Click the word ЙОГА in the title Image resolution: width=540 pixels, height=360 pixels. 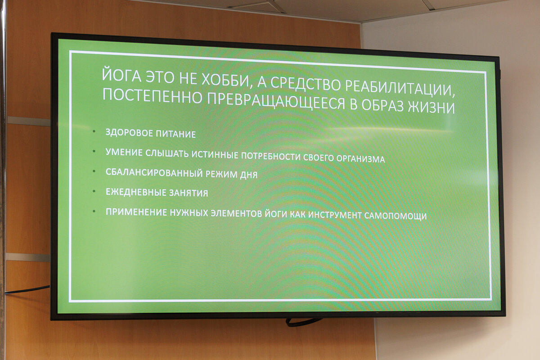121,75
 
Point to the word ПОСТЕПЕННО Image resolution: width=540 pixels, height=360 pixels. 153,95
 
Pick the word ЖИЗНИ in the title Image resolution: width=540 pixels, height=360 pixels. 431,108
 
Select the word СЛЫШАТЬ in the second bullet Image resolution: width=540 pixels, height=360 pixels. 167,153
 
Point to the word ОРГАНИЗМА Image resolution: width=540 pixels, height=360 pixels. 360,159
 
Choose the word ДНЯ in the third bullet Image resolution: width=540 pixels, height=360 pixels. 248,175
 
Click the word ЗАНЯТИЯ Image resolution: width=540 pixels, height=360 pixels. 188,193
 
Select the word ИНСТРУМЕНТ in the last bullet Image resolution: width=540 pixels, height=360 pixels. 335,215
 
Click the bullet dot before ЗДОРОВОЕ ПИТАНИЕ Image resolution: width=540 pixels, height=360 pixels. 94,131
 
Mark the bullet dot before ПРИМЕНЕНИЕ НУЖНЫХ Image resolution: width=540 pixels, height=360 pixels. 94,211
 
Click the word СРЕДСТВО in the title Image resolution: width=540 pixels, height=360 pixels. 306,84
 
